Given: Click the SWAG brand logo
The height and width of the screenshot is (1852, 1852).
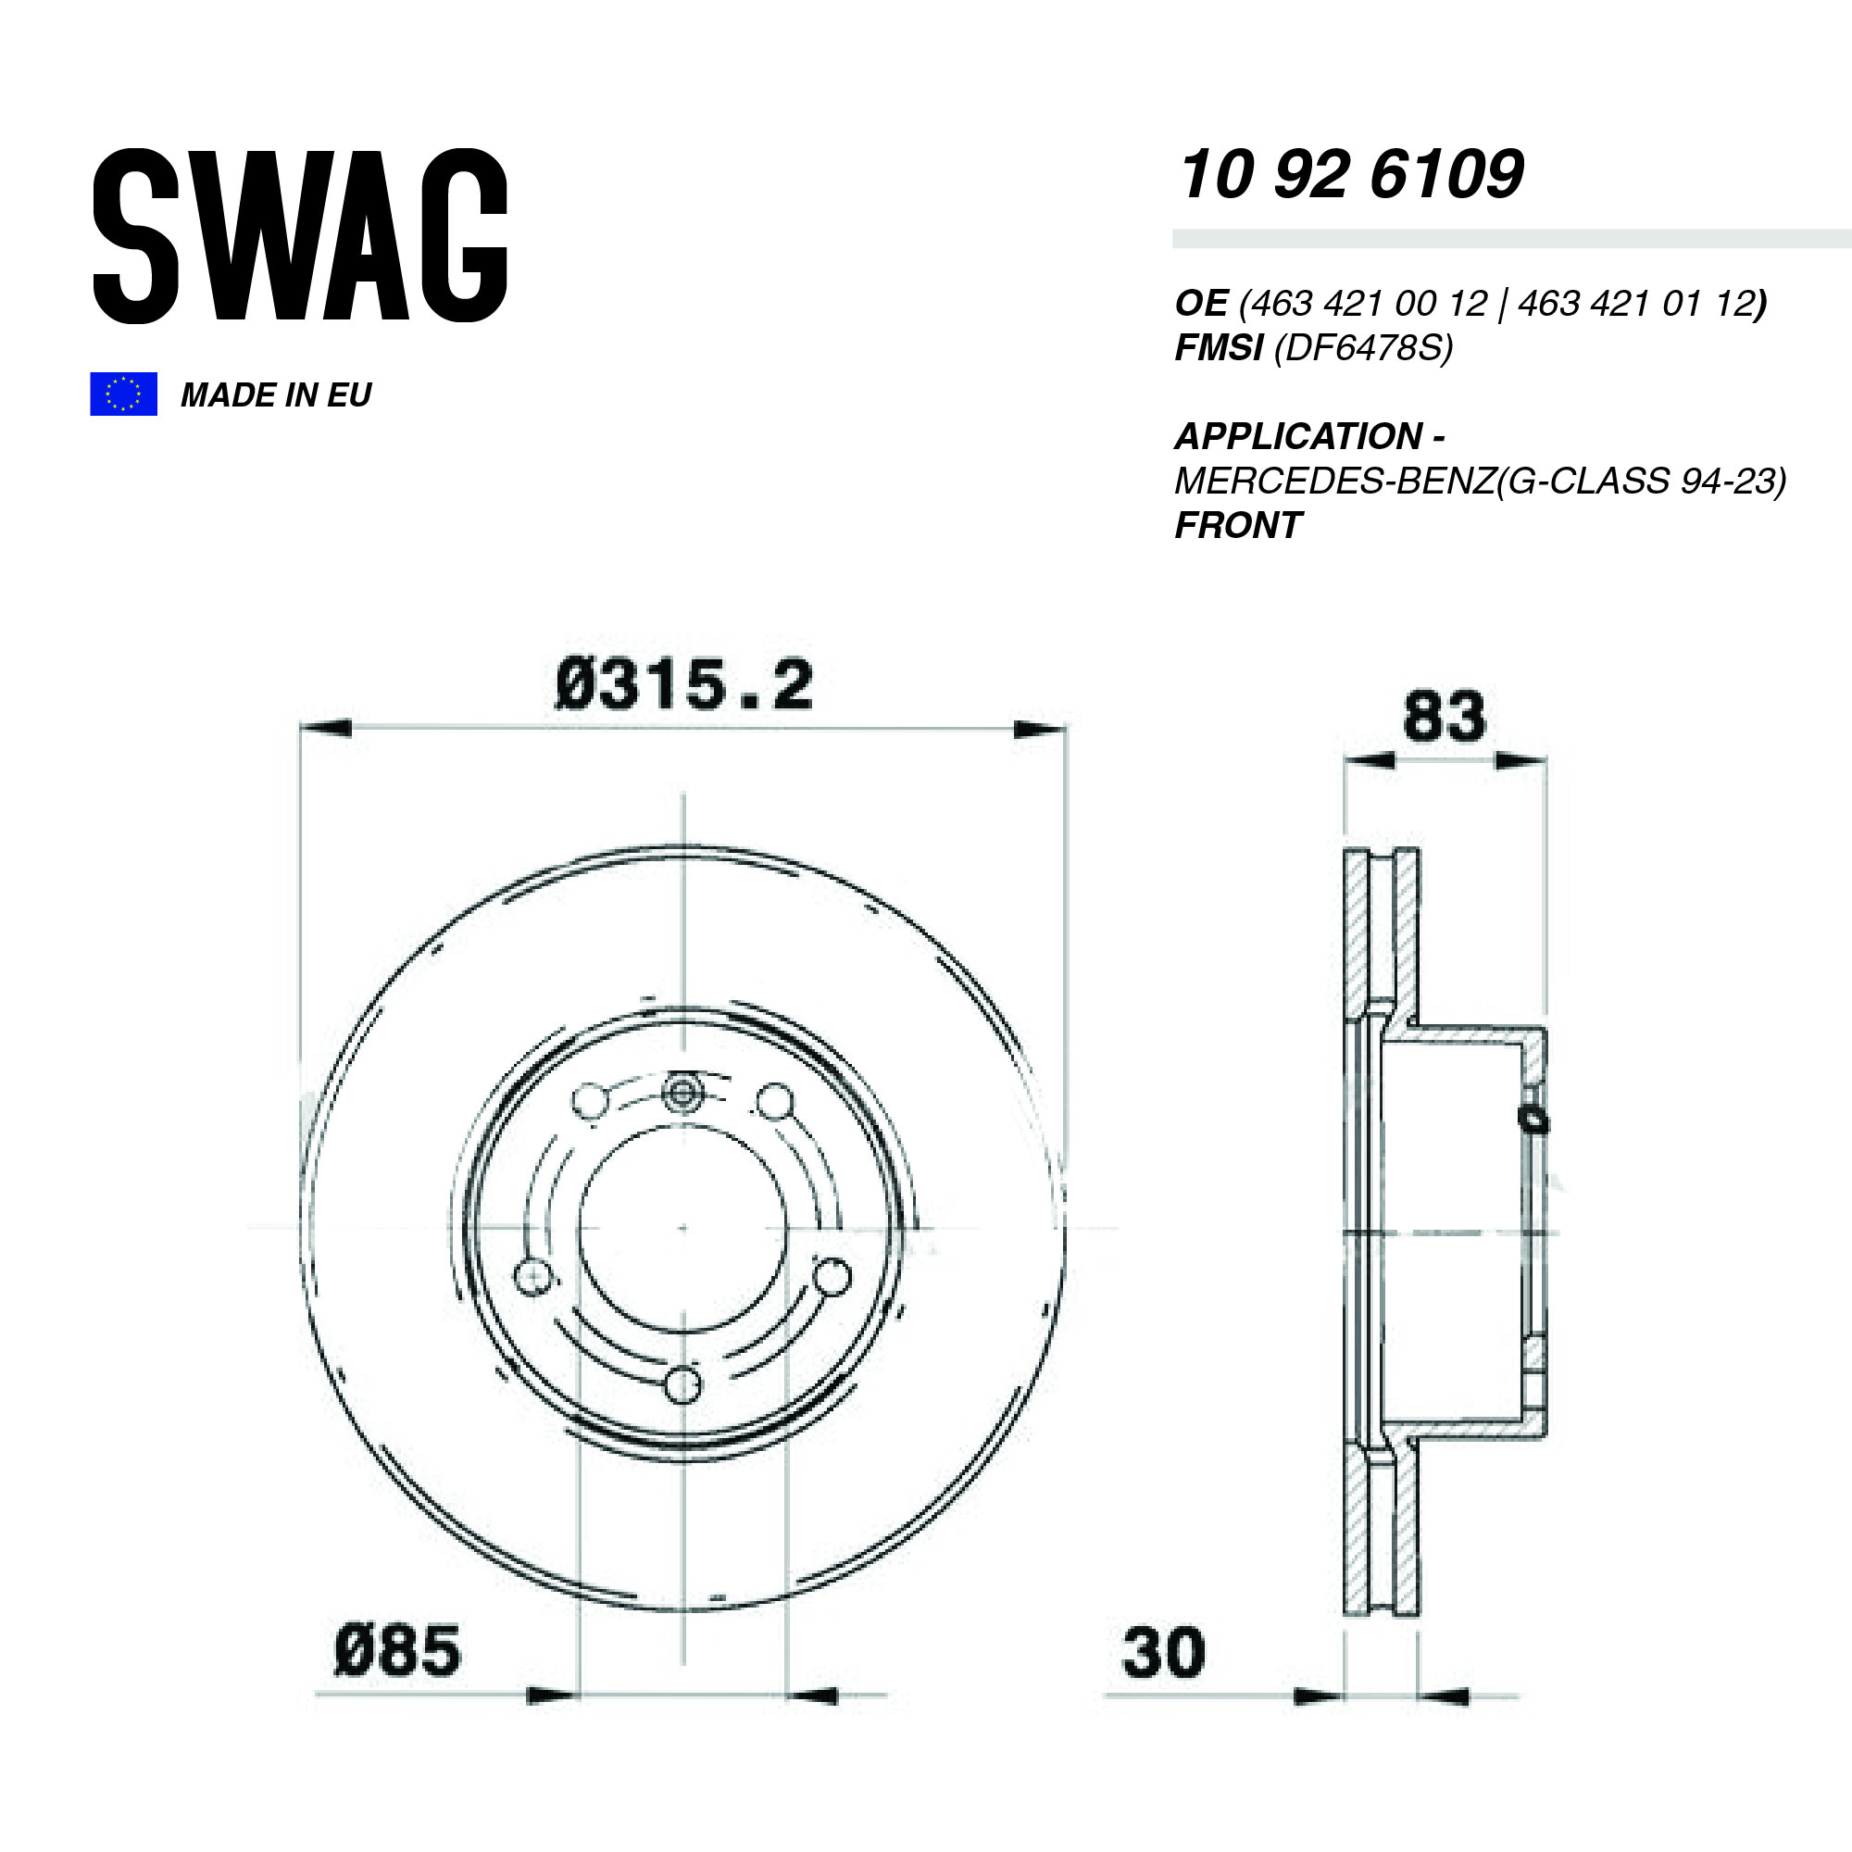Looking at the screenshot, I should pos(299,235).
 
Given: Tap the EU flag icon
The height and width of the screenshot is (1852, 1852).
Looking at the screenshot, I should pos(123,394).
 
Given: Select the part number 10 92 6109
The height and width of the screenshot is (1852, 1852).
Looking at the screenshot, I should pos(1350,175).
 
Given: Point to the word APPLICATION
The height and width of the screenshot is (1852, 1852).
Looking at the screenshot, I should pos(1298,437).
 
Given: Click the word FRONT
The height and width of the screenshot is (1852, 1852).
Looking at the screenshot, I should pos(1237,525).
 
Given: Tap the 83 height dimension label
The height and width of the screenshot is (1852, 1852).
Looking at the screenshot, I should pos(1444,717).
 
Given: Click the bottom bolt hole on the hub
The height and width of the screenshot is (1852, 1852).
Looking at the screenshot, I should pos(682,1385).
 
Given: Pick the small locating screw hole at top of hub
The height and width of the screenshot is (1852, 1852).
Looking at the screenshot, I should pos(682,1093).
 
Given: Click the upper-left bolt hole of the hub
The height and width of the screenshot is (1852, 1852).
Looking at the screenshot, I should pos(590,1100).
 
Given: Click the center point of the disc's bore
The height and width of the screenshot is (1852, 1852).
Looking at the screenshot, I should pos(682,1228).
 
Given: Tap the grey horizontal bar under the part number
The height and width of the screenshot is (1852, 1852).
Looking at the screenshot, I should pos(1510,239).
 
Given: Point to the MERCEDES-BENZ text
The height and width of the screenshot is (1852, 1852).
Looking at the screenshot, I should pos(1333,482).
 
